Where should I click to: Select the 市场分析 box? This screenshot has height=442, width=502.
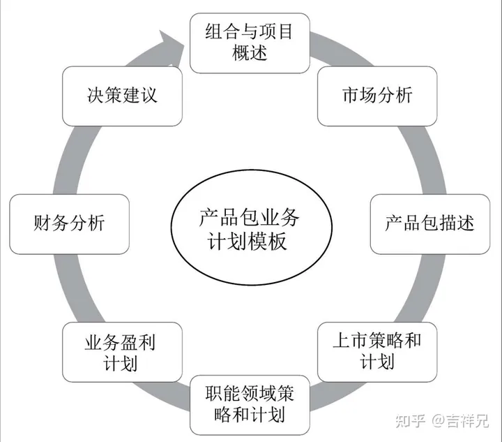pyautogui.click(x=377, y=94)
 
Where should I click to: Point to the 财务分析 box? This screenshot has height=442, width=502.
pyautogui.click(x=69, y=223)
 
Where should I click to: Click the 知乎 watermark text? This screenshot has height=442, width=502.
pyautogui.click(x=408, y=421)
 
